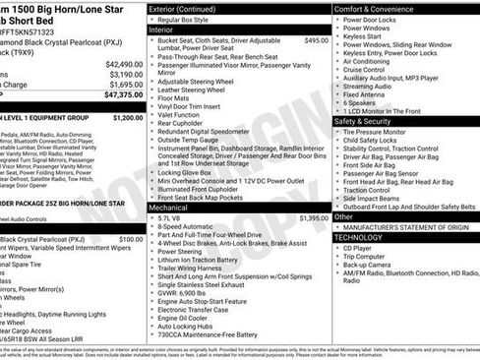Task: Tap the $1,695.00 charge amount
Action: [x=124, y=85]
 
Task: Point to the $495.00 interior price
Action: [x=316, y=40]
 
